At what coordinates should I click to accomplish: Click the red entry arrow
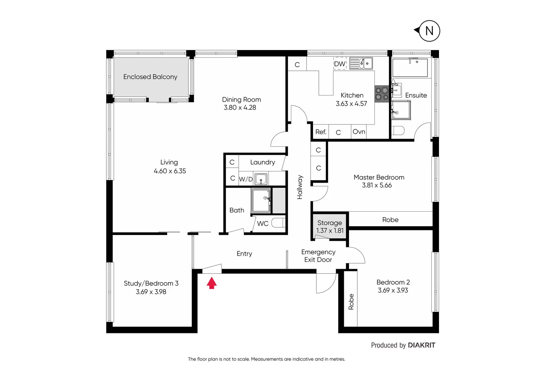tap(211, 283)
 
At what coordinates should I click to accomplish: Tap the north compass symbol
tap(429, 31)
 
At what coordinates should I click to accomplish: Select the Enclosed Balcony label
tap(150, 77)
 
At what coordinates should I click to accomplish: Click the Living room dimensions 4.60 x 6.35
tap(170, 171)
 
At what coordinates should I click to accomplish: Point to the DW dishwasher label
tap(340, 64)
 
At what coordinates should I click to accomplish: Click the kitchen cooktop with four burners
tap(382, 94)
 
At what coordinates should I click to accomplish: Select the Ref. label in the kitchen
tap(321, 132)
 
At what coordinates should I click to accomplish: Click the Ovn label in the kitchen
tap(359, 131)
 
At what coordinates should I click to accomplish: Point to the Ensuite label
tap(416, 95)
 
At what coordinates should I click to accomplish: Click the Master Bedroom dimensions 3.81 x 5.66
tap(377, 185)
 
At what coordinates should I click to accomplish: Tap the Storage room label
tap(329, 223)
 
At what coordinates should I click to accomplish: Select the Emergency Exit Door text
tap(318, 256)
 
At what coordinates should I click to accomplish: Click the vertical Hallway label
tap(300, 187)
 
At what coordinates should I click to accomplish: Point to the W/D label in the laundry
tap(246, 179)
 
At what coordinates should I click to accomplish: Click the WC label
tap(263, 223)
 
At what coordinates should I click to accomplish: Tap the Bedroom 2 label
tap(393, 282)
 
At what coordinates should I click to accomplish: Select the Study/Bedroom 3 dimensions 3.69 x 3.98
tap(151, 292)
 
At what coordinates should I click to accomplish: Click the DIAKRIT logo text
tap(421, 345)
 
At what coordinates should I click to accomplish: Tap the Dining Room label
tap(241, 99)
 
